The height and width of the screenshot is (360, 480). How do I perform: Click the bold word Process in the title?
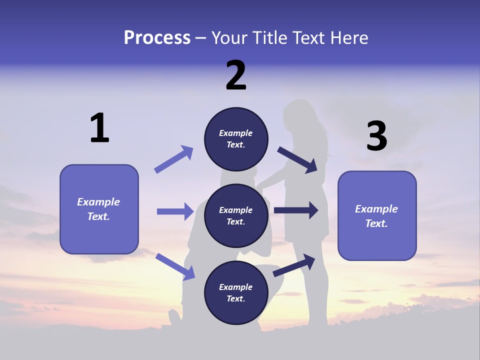(157, 37)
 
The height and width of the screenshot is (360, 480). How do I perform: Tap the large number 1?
(99, 128)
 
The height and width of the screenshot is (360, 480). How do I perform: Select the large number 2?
(236, 75)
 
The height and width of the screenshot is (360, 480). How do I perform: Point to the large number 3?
(377, 136)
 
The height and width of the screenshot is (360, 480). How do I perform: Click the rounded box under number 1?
(99, 209)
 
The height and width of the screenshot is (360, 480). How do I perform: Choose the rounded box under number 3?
(377, 216)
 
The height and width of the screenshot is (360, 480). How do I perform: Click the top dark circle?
(236, 139)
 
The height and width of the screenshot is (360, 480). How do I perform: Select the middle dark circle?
(236, 216)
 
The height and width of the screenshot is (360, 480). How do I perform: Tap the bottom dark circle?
(236, 293)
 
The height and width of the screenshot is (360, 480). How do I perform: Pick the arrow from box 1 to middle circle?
(175, 211)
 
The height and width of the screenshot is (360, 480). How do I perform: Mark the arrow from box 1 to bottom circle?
(175, 266)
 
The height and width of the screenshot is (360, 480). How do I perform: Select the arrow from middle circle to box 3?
(296, 210)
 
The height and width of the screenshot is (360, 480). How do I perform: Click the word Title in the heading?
(269, 37)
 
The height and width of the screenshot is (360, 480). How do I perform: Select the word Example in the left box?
(98, 202)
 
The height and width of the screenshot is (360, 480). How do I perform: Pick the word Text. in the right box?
(376, 223)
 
